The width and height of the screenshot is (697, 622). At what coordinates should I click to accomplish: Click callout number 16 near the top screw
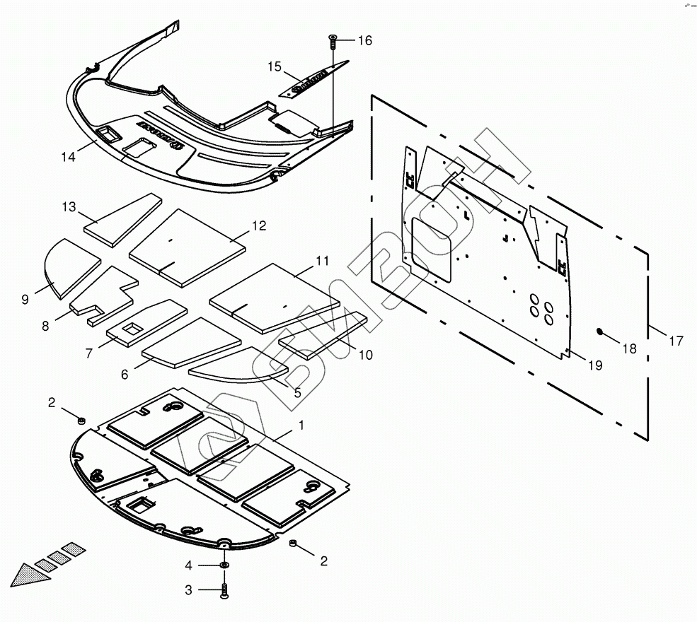point(364,41)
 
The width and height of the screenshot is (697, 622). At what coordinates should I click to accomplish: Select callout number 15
point(275,67)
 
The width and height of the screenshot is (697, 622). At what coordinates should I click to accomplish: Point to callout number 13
point(69,206)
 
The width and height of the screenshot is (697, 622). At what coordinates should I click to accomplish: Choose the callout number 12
point(259,226)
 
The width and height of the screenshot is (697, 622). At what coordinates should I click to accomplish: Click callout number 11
point(322,262)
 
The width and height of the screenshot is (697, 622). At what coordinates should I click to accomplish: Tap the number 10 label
point(365,355)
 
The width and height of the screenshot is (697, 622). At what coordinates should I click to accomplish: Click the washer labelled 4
point(224,565)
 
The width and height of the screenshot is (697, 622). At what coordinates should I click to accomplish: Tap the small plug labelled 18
point(599,331)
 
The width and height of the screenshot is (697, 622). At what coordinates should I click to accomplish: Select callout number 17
point(676,341)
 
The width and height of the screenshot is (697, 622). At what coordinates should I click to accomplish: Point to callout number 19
point(594,365)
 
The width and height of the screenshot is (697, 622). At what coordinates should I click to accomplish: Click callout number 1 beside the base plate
point(301,426)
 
